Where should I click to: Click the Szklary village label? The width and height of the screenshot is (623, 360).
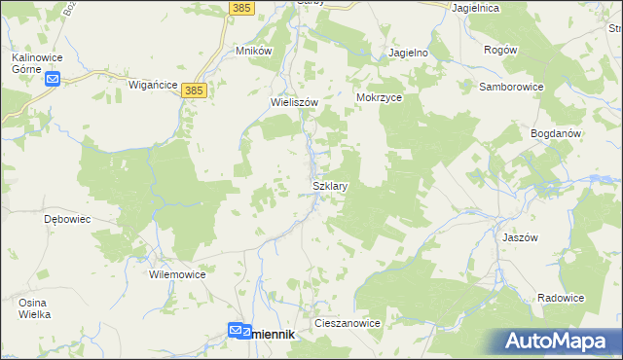(330, 185)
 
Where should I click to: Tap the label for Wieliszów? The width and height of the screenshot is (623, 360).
(294, 101)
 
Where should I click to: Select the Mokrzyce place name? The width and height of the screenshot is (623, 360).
(380, 98)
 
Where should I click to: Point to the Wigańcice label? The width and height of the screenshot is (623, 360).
(153, 86)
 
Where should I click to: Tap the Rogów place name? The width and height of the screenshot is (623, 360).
(500, 50)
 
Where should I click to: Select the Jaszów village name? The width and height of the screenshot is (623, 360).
(550, 236)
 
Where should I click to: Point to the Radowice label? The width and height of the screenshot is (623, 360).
(561, 298)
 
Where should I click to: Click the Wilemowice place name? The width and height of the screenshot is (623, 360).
(177, 274)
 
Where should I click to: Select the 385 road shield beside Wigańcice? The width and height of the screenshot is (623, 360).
(195, 90)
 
